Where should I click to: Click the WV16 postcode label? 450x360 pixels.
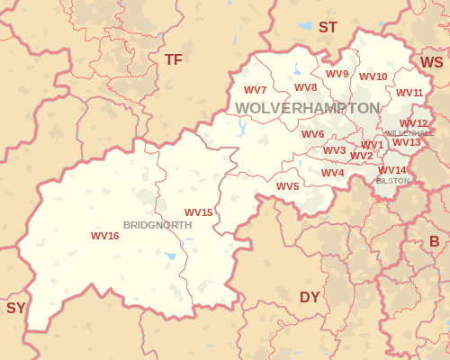pos(105,236)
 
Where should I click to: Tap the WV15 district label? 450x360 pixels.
pos(199,212)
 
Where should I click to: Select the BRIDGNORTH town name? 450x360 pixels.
pos(157,225)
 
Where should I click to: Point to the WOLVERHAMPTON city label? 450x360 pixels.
pos(308,108)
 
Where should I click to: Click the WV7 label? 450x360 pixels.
pos(256,90)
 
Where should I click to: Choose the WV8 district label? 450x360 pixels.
pos(306,87)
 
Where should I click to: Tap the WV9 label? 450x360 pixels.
pos(337,74)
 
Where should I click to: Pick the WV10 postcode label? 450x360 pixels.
pos(373,76)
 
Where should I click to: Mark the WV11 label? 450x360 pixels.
pos(409,93)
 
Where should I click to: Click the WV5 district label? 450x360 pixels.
pos(288,186)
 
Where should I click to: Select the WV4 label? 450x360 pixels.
pos(333,173)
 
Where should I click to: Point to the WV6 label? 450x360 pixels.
pos(313,134)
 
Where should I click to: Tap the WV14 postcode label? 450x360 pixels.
pos(392,170)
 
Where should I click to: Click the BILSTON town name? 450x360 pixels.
pos(392,181)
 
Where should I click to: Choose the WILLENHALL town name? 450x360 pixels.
pos(409,133)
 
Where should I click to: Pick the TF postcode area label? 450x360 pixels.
pos(173,59)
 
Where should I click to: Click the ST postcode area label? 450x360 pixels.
pos(328,28)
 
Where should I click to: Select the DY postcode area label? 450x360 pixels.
pos(310,297)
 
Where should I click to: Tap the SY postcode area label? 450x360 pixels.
pos(16,308)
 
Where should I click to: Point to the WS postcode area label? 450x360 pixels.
pos(432,62)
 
